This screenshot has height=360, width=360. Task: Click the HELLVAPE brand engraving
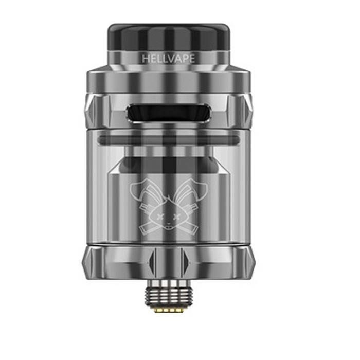pos(168,59)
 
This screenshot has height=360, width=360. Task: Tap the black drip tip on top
pos(168,35)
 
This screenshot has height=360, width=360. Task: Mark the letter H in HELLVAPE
pos(145,59)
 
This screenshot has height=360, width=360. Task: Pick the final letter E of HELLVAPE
pos(192,59)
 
